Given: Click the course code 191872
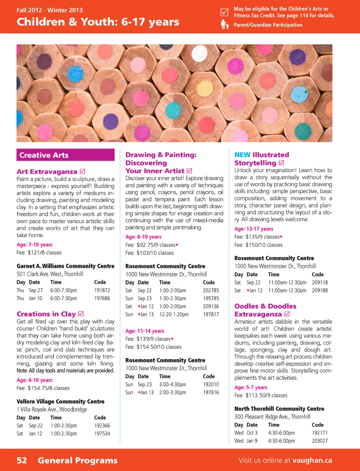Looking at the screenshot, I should click(x=102, y=290).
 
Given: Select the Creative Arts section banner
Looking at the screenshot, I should click(x=65, y=155).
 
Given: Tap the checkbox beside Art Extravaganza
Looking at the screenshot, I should click(x=82, y=172).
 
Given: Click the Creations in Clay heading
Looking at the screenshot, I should click(x=46, y=314).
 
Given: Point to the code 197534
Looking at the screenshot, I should click(x=102, y=433).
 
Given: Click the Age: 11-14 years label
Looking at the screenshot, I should click(x=145, y=331).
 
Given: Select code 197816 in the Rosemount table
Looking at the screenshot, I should click(x=211, y=393).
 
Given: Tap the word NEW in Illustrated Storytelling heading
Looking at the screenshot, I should click(x=242, y=155).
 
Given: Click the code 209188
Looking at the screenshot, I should click(x=319, y=290).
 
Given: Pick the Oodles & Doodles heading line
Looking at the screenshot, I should click(x=265, y=306).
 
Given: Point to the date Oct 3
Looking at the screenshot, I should click(x=252, y=433).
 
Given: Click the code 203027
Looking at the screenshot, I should click(x=319, y=441).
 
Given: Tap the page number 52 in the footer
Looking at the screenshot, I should click(x=22, y=460).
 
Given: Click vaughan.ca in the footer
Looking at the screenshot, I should click(x=312, y=460).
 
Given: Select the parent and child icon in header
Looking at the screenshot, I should click(x=224, y=25).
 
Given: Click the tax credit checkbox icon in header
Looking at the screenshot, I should click(x=224, y=12).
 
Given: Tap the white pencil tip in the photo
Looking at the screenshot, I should click(x=199, y=53).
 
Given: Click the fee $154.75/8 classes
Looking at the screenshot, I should click(x=48, y=388).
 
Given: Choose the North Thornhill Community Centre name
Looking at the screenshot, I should click(x=279, y=409).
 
